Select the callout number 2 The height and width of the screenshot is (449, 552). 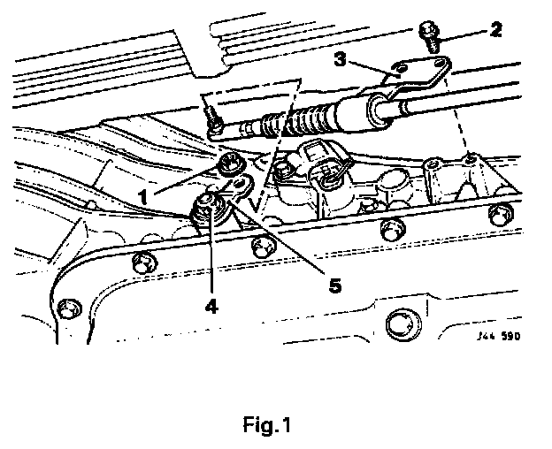[495, 29]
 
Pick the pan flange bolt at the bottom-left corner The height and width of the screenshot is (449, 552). [65, 310]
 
